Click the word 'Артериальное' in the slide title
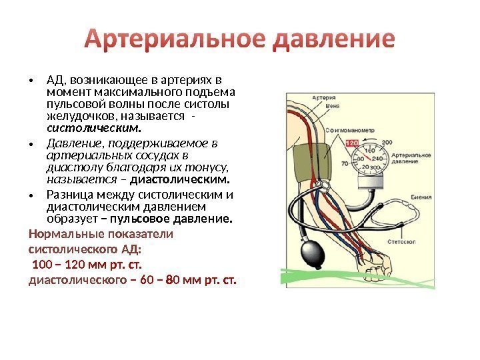175,41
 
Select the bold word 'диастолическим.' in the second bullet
180,179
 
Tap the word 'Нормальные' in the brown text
62,235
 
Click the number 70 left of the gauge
345,163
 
